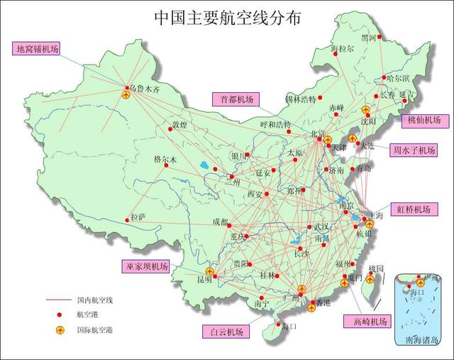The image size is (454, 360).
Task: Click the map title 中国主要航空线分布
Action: pyautogui.click(x=227, y=18)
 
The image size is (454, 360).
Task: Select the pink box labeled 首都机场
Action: pyautogui.click(x=236, y=99)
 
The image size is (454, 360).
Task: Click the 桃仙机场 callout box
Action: pyautogui.click(x=424, y=120)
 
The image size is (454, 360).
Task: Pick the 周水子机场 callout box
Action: pyautogui.click(x=415, y=150)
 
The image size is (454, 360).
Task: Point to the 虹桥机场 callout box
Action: pyautogui.click(x=414, y=209)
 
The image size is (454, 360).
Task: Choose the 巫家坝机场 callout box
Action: pyautogui.click(x=145, y=266)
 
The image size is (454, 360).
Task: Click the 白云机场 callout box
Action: pyautogui.click(x=226, y=332)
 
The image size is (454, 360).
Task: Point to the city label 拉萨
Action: pyautogui.click(x=139, y=218)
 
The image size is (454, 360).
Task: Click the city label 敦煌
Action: pyautogui.click(x=179, y=125)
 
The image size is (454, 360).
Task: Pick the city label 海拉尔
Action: pyautogui.click(x=343, y=49)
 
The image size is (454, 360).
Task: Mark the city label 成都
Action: pyautogui.click(x=220, y=222)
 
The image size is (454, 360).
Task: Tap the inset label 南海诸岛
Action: pyautogui.click(x=423, y=339)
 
